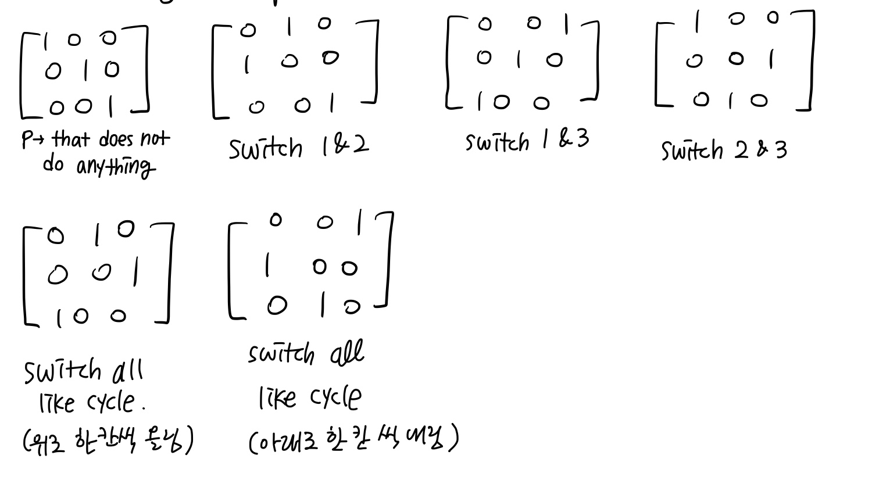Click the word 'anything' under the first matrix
116,166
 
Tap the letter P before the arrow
27,139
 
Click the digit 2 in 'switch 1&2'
360,145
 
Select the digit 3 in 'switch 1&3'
582,139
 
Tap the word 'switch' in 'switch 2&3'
692,150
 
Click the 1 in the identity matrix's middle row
85,70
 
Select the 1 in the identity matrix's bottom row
111,106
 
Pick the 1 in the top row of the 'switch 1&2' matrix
289,26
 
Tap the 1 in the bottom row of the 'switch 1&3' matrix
480,102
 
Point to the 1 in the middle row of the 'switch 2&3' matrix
771,59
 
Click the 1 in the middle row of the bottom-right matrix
267,266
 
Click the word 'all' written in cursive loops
347,353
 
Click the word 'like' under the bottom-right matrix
277,398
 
